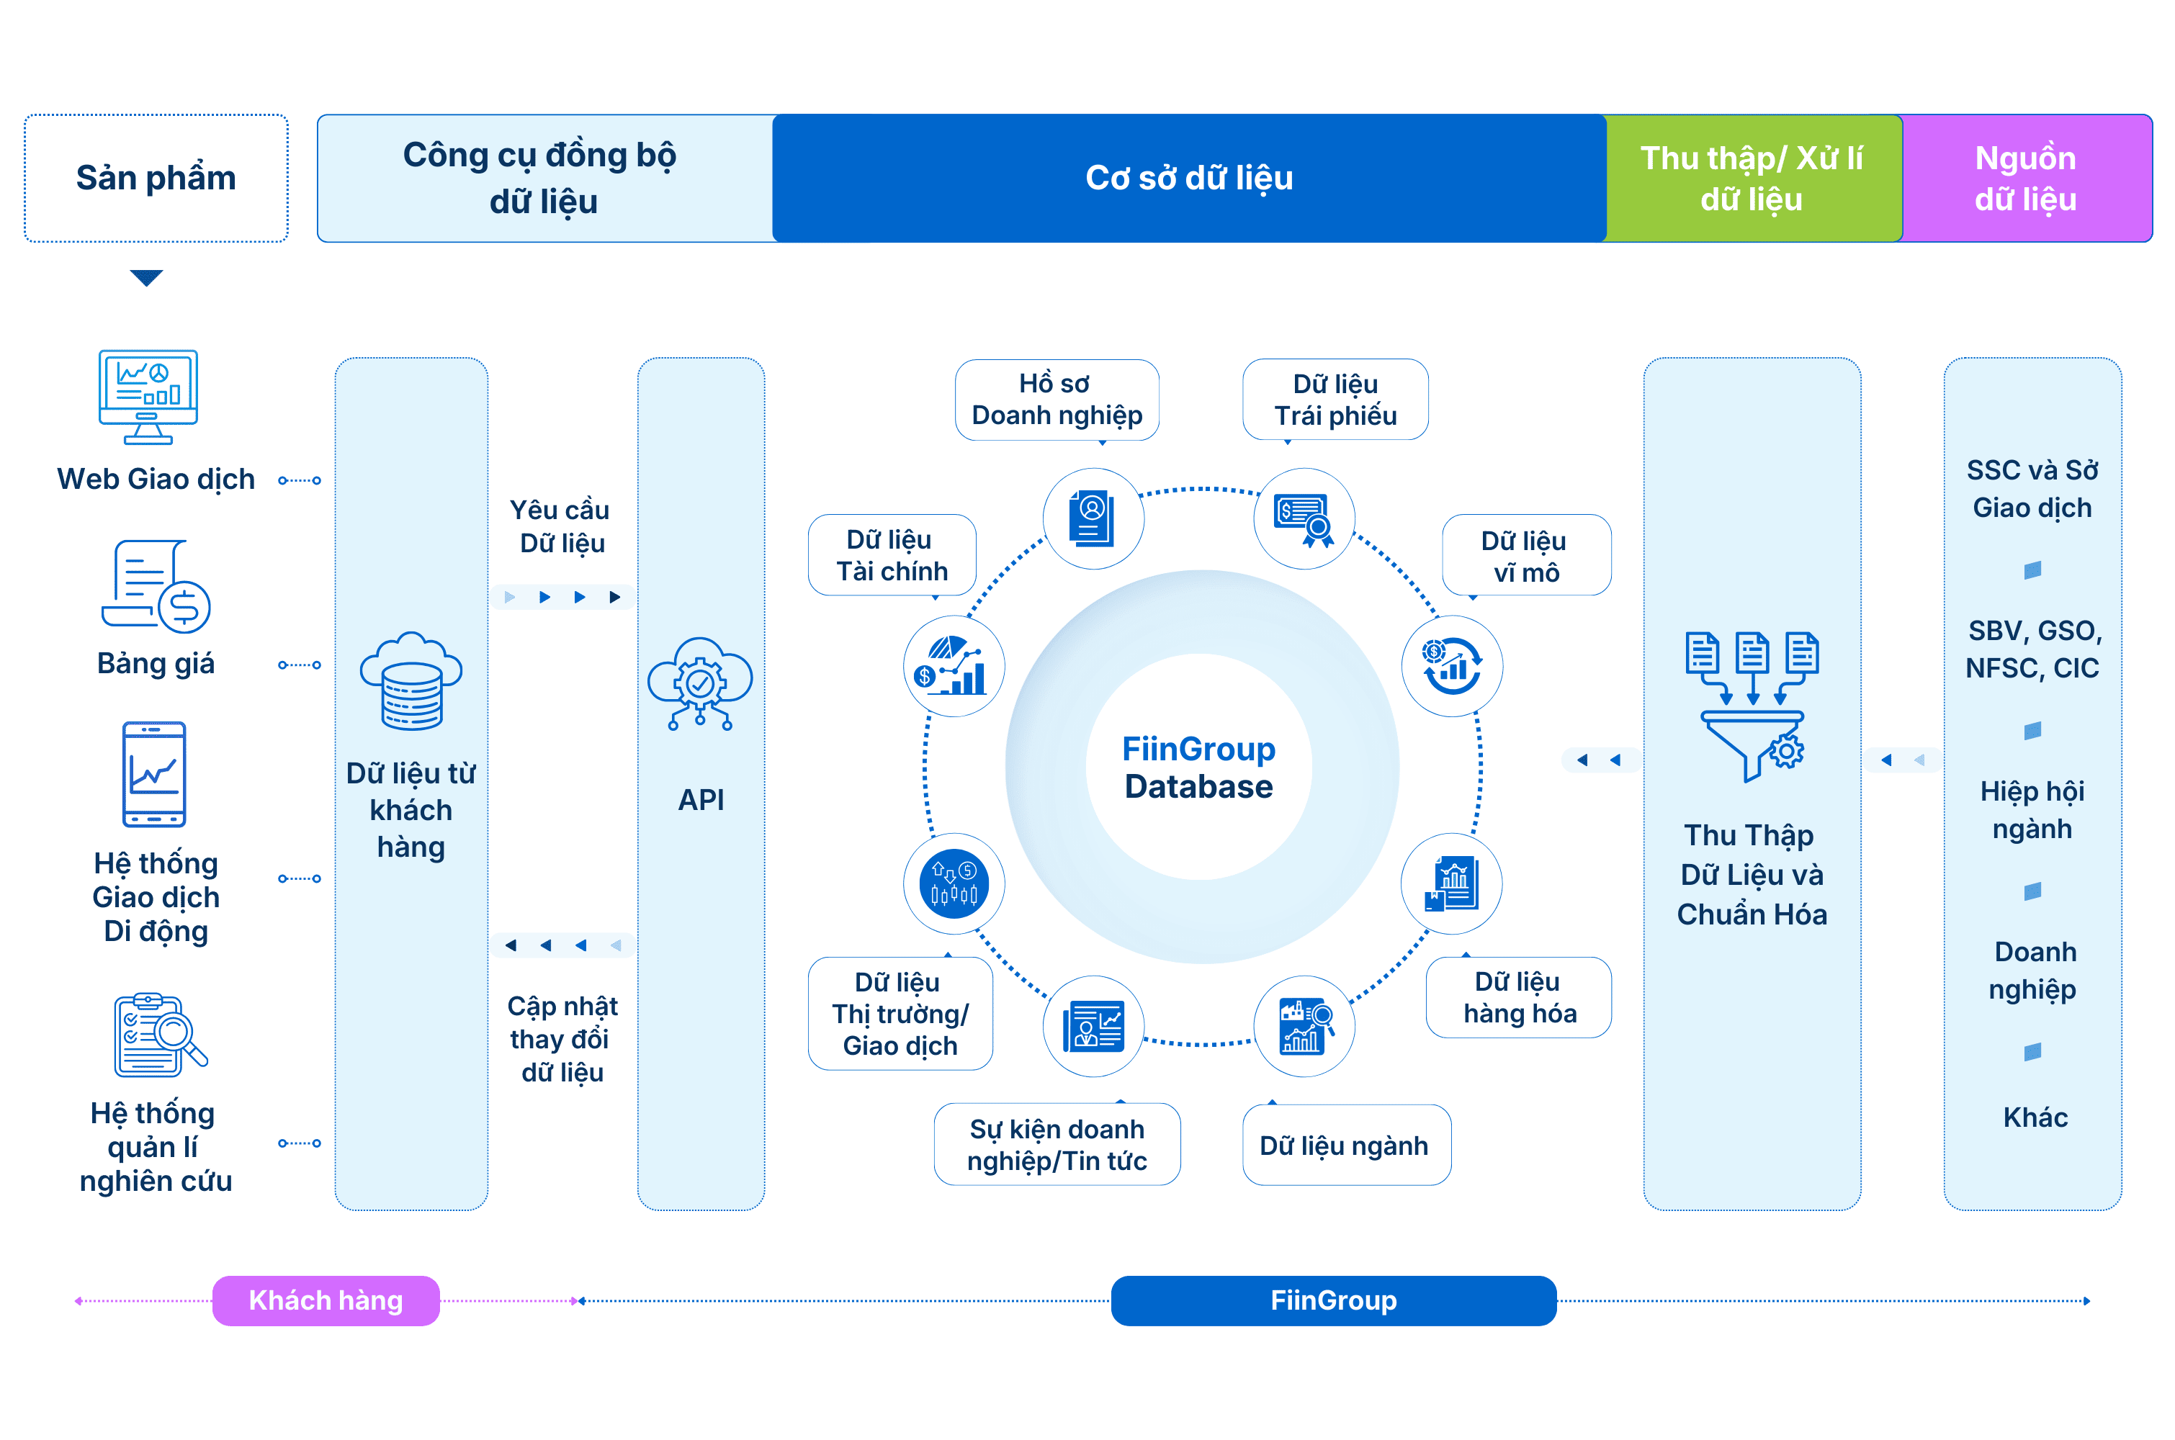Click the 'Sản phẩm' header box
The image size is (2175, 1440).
pyautogui.click(x=156, y=178)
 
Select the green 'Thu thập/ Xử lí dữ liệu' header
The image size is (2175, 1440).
pyautogui.click(x=1752, y=178)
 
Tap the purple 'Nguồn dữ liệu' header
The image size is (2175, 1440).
pyautogui.click(x=2025, y=178)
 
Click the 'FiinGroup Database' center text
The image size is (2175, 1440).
pyautogui.click(x=1198, y=768)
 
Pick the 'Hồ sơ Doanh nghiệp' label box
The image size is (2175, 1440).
pyautogui.click(x=1057, y=400)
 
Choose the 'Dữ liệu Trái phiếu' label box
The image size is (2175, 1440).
pyautogui.click(x=1335, y=400)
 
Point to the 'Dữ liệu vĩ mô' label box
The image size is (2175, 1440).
pyautogui.click(x=1525, y=557)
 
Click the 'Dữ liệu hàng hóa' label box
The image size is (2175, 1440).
pyautogui.click(x=1518, y=998)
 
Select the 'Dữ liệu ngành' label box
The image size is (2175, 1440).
pyautogui.click(x=1345, y=1146)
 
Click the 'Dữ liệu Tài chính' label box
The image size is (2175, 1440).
pyautogui.click(x=891, y=556)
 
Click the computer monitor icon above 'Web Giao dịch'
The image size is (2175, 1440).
pyautogui.click(x=148, y=397)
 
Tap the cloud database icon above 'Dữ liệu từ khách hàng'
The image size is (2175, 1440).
pyautogui.click(x=411, y=681)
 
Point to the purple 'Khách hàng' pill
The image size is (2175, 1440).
pyautogui.click(x=326, y=1300)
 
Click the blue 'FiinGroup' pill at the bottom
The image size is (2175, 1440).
pyautogui.click(x=1333, y=1300)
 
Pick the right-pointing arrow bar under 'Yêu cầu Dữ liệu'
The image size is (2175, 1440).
pyautogui.click(x=562, y=597)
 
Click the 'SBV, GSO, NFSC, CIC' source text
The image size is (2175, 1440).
pyautogui.click(x=2032, y=649)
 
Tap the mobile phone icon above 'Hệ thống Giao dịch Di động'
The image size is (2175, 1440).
pyautogui.click(x=154, y=774)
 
